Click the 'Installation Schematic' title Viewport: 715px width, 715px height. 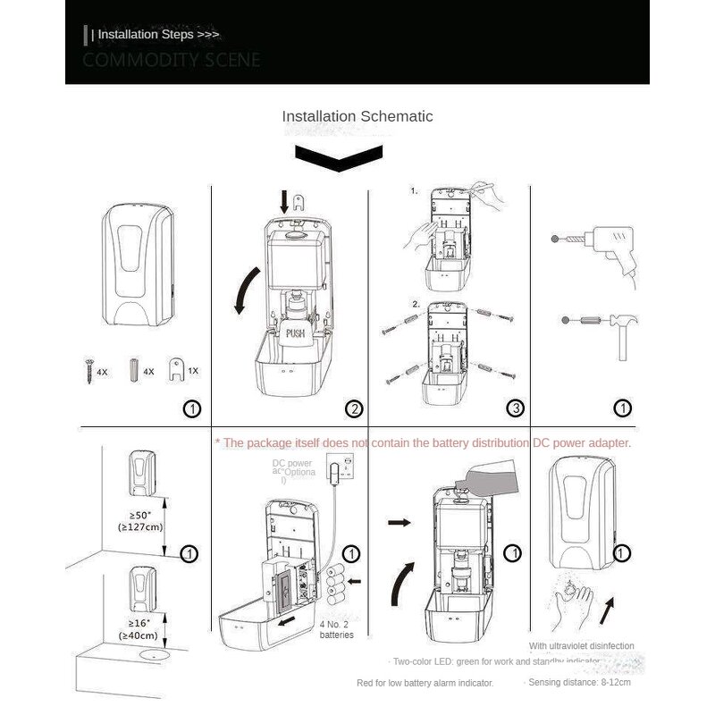click(357, 116)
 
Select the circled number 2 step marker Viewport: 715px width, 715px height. click(355, 409)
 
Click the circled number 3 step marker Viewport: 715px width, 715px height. click(515, 409)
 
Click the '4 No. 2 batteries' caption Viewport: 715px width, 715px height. click(336, 629)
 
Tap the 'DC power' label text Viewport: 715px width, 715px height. click(292, 464)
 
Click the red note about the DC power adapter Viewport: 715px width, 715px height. click(423, 442)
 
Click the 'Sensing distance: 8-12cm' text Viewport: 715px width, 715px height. click(579, 683)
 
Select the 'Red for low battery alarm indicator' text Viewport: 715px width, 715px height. click(425, 683)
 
